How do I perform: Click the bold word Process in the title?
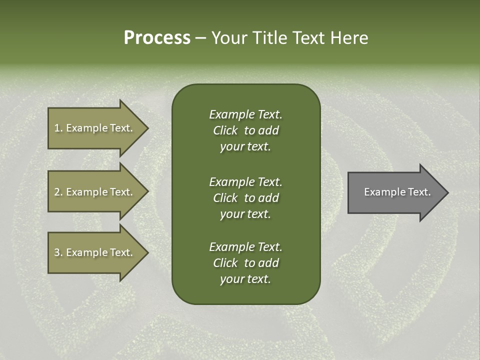click(x=157, y=38)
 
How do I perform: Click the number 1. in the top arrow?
click(x=58, y=128)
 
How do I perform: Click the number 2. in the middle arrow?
click(x=58, y=192)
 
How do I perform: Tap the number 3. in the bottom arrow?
click(x=58, y=252)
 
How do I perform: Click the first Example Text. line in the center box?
click(x=245, y=114)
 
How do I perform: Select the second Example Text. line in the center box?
click(x=245, y=182)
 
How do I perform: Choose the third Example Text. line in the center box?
click(x=245, y=247)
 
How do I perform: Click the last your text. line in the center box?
click(x=245, y=279)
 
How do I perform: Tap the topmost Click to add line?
click(x=245, y=130)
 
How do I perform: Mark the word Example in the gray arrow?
click(x=381, y=192)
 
